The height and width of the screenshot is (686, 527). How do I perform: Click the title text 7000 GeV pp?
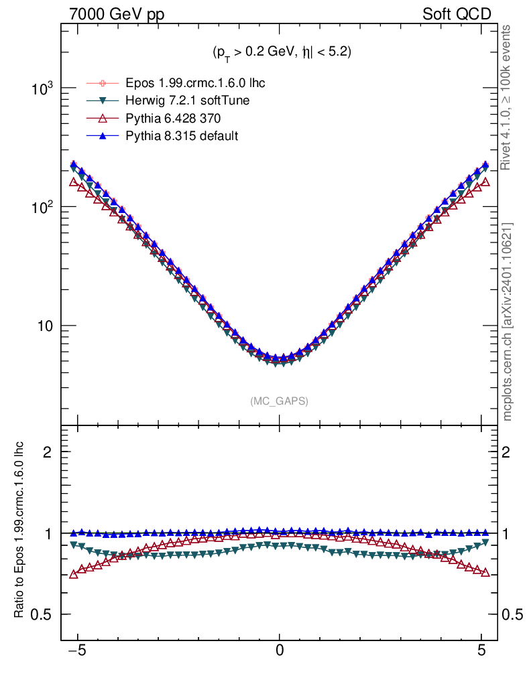coord(117,14)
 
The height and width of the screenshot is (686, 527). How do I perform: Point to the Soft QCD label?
coord(457,14)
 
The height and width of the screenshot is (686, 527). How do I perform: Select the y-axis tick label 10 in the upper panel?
coord(45,326)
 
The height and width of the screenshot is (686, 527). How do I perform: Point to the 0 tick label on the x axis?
coord(280,649)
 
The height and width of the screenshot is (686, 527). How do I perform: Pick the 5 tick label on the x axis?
coord(481,649)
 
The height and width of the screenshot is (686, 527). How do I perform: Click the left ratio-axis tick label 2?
coord(47,452)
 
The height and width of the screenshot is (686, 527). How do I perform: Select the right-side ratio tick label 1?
coord(509,534)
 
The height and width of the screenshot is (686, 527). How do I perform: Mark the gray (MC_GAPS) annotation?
coord(280,401)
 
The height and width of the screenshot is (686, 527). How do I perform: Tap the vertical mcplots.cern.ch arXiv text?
coord(508,322)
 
